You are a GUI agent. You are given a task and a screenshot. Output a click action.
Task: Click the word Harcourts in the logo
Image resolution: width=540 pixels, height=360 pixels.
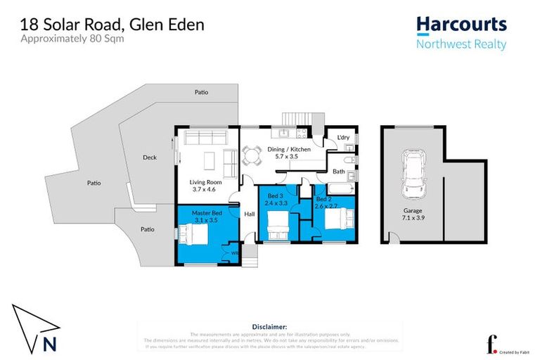pyautogui.click(x=461, y=25)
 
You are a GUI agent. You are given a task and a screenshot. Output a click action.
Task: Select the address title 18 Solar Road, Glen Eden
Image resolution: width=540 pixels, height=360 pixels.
pyautogui.click(x=112, y=25)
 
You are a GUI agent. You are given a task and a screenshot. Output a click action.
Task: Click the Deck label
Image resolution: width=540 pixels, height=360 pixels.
pyautogui.click(x=149, y=157)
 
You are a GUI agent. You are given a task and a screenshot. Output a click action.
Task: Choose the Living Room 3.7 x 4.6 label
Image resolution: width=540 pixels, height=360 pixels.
pyautogui.click(x=205, y=186)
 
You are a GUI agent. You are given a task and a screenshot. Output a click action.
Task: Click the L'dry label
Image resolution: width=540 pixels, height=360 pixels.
pyautogui.click(x=343, y=137)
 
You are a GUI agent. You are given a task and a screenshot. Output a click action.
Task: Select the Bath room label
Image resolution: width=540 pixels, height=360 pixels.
pyautogui.click(x=338, y=171)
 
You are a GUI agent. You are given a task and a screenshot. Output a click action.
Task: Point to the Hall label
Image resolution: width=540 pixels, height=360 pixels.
pyautogui.click(x=249, y=214)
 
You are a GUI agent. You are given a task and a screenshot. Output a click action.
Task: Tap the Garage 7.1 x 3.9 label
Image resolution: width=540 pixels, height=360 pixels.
pyautogui.click(x=413, y=214)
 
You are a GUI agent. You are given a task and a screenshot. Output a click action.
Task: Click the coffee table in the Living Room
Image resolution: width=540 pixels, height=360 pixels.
pyautogui.click(x=210, y=161)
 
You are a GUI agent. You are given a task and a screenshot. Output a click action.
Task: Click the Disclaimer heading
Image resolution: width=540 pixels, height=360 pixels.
pyautogui.click(x=269, y=327)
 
